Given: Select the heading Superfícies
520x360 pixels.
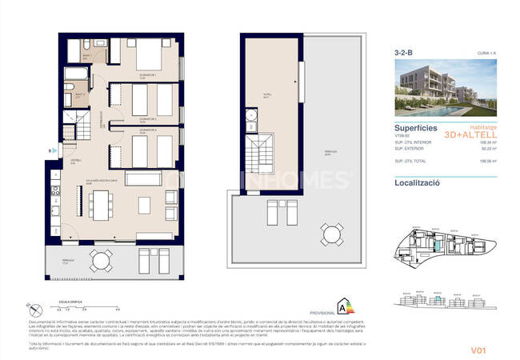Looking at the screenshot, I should [x=416, y=126].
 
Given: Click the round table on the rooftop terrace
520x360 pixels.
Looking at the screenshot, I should [x=330, y=234].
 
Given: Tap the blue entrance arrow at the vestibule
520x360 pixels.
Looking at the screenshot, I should [x=50, y=148].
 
